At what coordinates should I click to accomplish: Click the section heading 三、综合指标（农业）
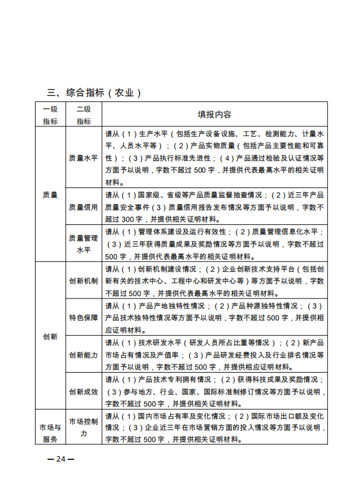pos(94,93)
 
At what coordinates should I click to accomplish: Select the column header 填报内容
pos(214,114)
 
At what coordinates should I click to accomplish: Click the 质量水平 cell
pos(84,158)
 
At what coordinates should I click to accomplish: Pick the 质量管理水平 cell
pos(84,244)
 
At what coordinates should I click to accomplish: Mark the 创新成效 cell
pos(84,392)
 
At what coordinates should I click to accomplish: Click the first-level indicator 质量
pos(50,195)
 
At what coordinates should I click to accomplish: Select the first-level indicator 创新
pos(50,336)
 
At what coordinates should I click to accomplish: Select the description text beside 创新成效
pos(214,392)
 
